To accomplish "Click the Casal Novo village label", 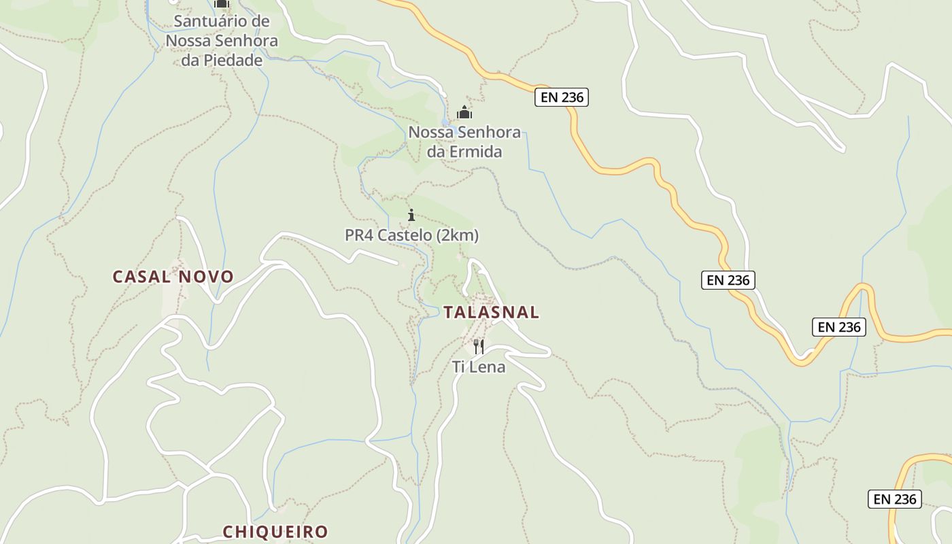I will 173,277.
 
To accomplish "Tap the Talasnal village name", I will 491,312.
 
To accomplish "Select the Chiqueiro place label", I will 275,531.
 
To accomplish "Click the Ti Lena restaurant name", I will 479,367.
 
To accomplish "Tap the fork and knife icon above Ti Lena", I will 479,347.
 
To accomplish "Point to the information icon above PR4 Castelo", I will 411,216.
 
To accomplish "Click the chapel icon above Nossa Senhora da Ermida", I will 464,112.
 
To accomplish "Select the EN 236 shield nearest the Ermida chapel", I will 561,97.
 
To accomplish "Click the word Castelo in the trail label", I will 407,236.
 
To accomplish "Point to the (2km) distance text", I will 458,236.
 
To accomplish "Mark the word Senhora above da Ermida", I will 488,132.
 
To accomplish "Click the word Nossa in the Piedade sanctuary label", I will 188,41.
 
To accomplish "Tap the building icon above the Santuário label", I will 222,3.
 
